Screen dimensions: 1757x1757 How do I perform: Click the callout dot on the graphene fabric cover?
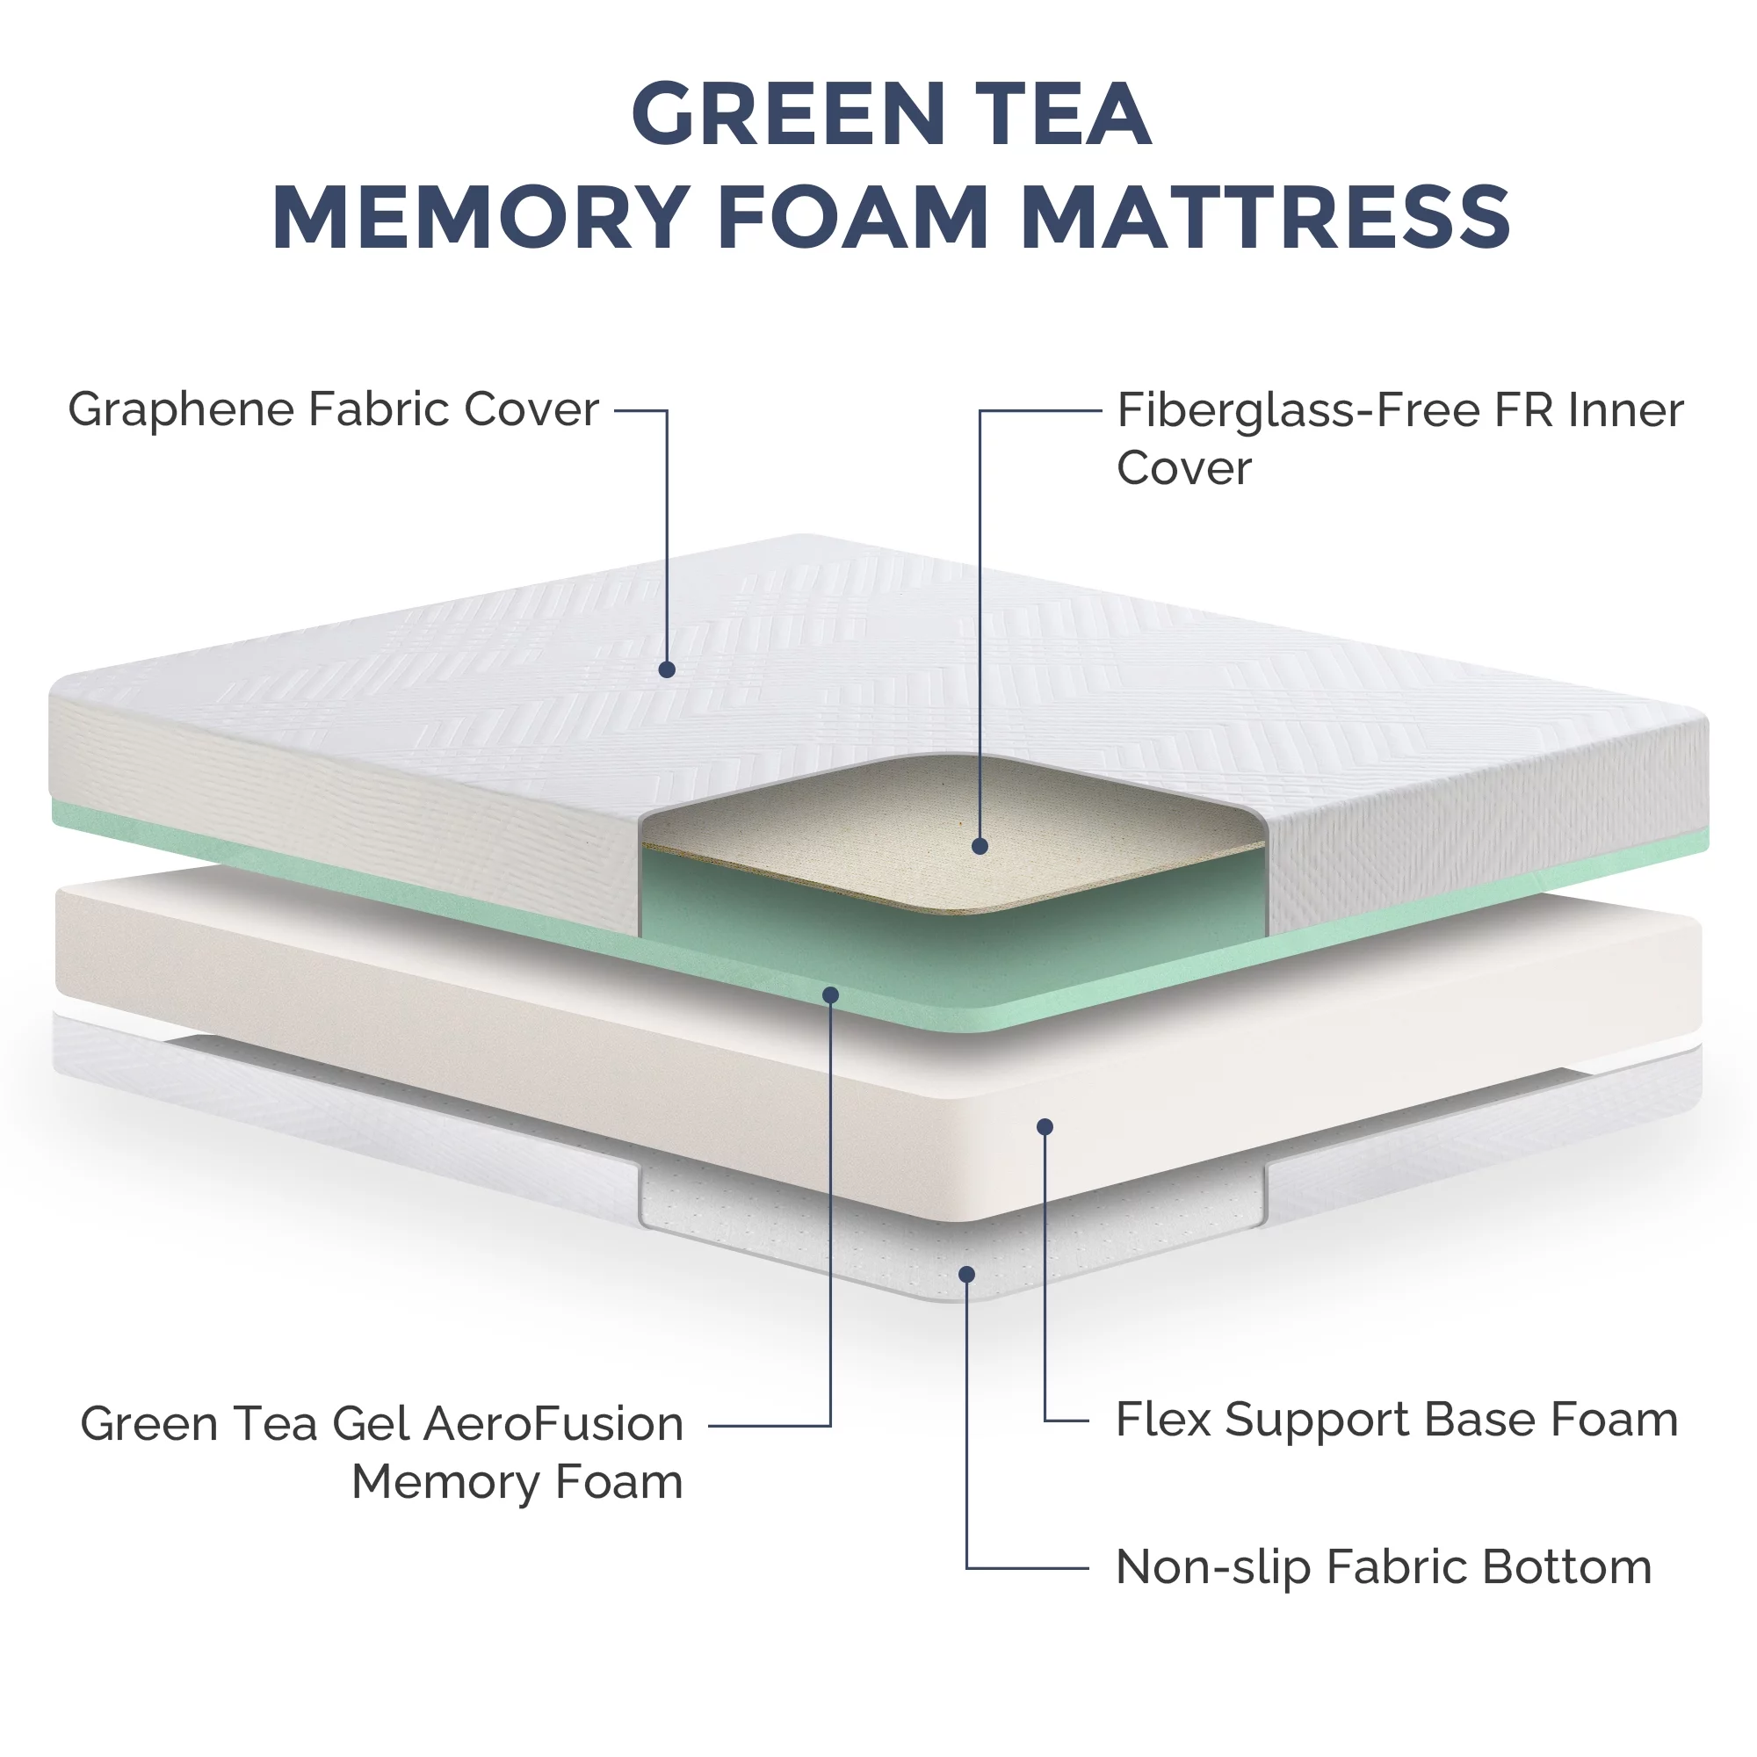pyautogui.click(x=667, y=669)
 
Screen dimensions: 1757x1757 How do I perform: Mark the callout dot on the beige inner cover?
pyautogui.click(x=980, y=846)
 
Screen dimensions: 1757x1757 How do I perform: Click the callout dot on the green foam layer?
pyautogui.click(x=830, y=996)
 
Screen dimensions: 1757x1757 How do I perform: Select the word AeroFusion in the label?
pyautogui.click(x=553, y=1423)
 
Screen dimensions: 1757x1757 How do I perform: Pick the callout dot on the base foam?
pyautogui.click(x=1045, y=1127)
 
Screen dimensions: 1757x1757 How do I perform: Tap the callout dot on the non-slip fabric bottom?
pyautogui.click(x=966, y=1274)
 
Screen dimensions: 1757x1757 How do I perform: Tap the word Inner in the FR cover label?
pyautogui.click(x=1625, y=410)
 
